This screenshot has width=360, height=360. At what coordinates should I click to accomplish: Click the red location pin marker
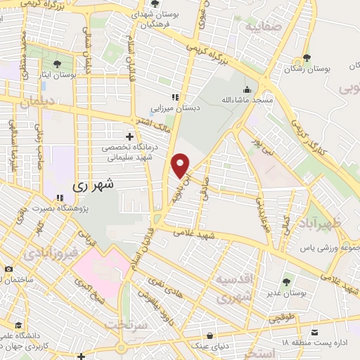[x=181, y=165]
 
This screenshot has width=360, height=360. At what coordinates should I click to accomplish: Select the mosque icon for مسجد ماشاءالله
[x=247, y=90]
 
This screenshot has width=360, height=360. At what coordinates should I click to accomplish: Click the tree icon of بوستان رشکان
[x=306, y=58]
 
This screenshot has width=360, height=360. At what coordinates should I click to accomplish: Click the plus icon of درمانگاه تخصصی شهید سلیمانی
[x=129, y=136]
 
